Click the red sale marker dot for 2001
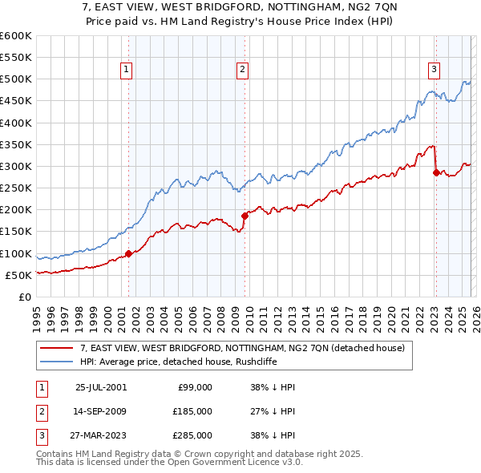point(128,254)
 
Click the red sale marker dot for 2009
point(245,216)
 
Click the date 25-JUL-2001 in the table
point(100,387)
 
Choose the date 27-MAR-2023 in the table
point(100,435)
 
